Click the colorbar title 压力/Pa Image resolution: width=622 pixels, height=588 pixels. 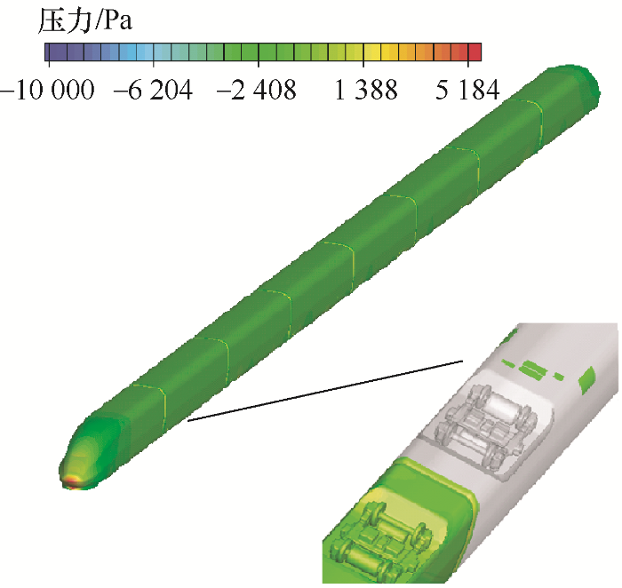coord(84,20)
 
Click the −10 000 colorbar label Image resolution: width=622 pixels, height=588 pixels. coord(48,90)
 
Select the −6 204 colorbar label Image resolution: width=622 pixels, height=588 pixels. coord(153,90)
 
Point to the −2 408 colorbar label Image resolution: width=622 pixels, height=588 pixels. coord(257,90)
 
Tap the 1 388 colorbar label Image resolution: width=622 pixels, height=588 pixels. coord(366,90)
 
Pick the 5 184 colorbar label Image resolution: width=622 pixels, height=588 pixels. coord(467,90)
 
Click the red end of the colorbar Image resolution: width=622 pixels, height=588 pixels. coord(475,52)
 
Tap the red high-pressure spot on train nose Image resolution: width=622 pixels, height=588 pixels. coord(71,481)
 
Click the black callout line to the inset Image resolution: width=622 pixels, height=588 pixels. coord(325,391)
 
